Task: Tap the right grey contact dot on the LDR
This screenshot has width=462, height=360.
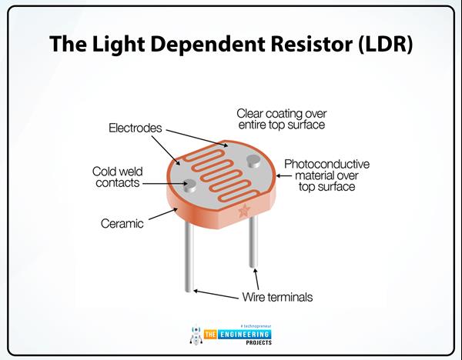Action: point(253,160)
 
